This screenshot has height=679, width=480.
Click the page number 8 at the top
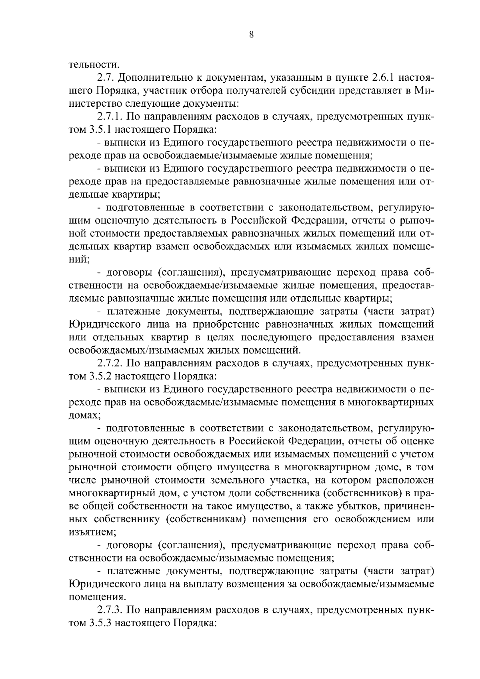(x=251, y=35)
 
